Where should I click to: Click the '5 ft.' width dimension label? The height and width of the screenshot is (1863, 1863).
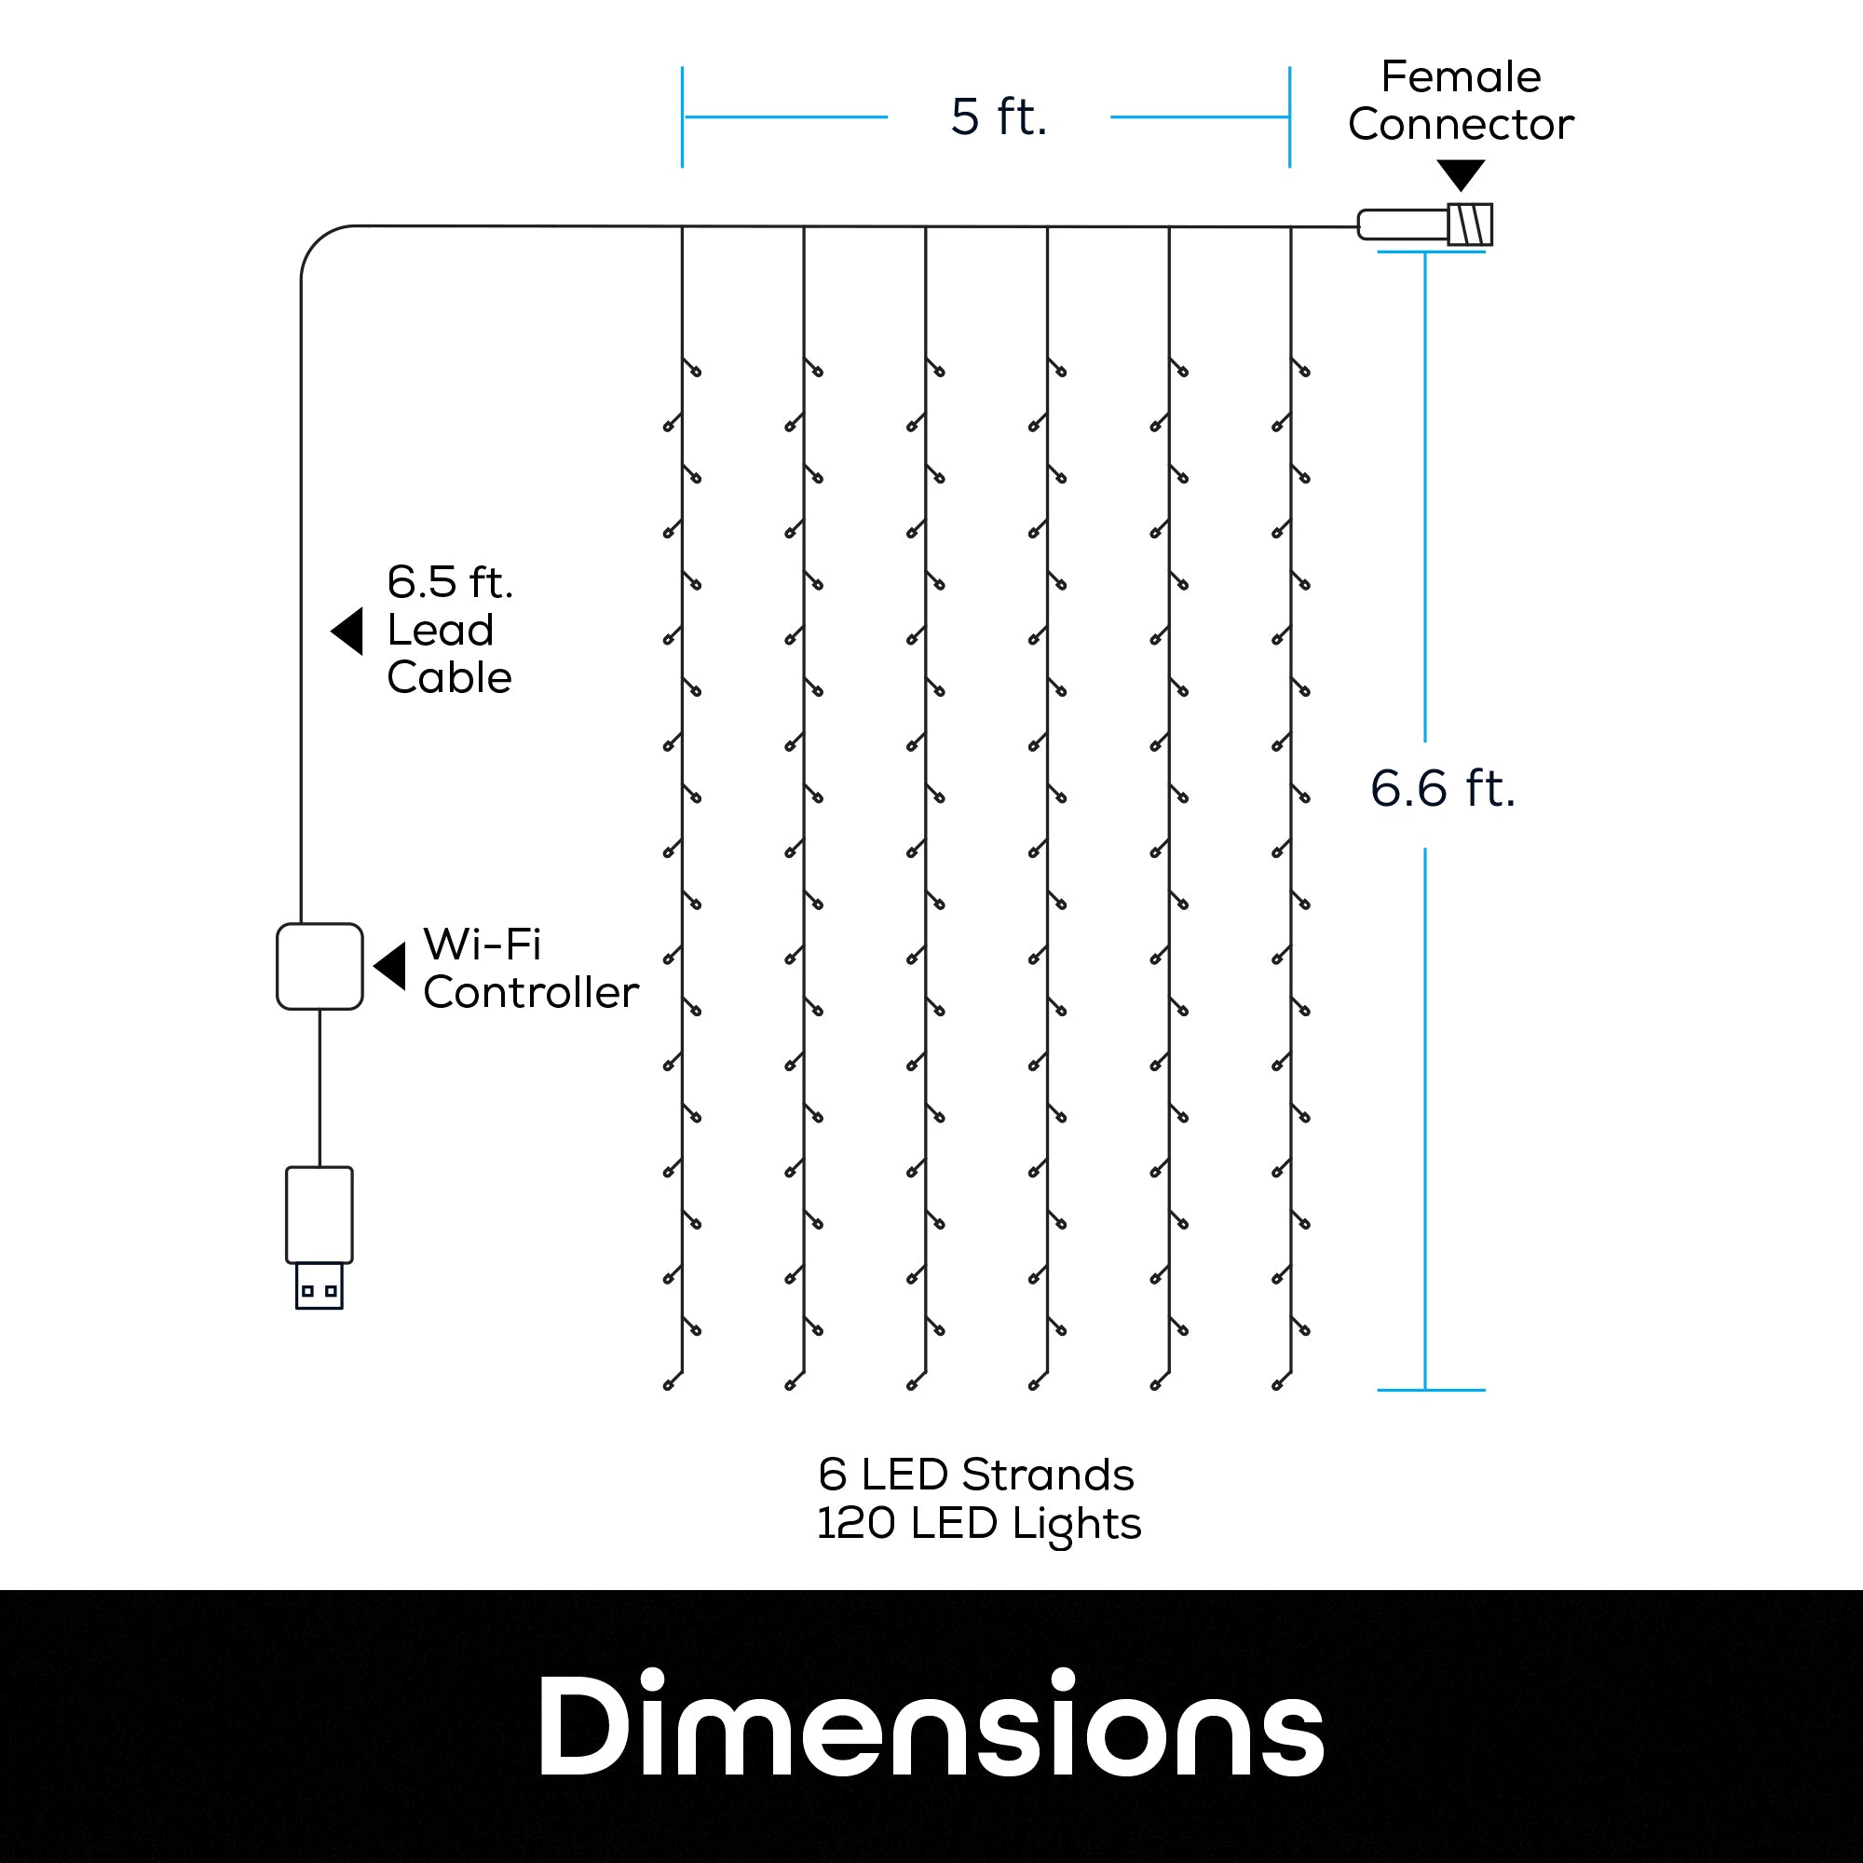998,116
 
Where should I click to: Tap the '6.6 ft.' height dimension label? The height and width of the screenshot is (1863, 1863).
1443,788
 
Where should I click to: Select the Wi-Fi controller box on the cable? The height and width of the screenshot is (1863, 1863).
320,966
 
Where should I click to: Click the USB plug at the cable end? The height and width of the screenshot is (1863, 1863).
320,1235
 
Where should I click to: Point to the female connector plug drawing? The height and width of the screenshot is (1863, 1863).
1424,224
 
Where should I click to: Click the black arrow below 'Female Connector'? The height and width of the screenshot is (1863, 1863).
1461,174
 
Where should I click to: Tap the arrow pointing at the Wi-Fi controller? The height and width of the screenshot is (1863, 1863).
390,966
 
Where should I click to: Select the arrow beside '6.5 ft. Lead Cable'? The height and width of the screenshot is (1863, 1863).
348,631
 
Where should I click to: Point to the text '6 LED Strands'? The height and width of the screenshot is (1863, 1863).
976,1475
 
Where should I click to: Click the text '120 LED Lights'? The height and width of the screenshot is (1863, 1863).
979,1524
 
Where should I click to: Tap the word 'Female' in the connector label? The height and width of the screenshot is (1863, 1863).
1460,77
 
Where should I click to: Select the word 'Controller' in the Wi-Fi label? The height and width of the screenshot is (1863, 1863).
530,992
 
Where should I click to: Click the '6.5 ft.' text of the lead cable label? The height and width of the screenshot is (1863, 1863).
449,582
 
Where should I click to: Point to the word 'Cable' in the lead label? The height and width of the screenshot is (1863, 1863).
448,678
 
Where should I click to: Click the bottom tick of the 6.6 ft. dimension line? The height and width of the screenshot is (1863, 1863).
1430,1390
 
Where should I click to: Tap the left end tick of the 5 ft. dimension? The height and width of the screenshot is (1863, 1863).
682,116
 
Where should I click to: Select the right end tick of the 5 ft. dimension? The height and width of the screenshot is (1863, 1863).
1289,116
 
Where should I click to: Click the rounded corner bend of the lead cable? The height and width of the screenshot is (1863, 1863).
318,243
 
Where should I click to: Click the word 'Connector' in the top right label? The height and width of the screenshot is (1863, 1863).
1460,125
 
